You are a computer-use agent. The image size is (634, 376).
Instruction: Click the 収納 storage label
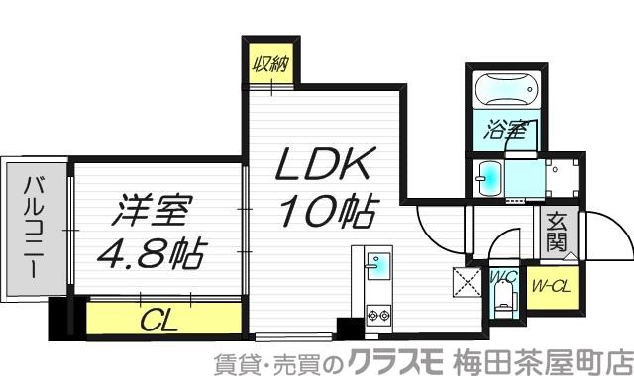pos(269,66)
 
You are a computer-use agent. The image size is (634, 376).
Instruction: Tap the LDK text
pos(310,164)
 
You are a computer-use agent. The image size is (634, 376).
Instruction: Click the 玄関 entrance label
pos(554,235)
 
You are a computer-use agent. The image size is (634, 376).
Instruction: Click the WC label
pos(499,277)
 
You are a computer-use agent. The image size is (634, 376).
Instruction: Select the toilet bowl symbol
pos(505,298)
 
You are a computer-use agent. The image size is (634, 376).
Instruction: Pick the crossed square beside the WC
pos(466,282)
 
